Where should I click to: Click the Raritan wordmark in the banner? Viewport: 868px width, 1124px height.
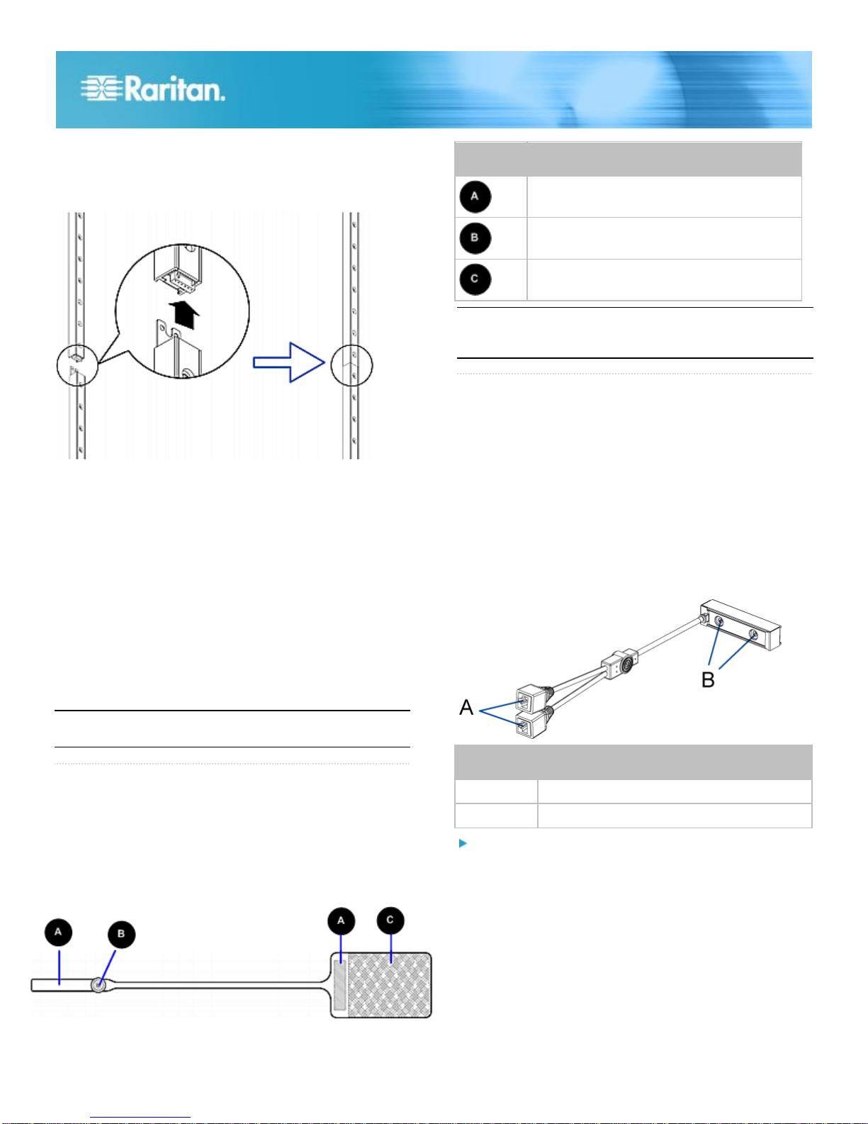[174, 89]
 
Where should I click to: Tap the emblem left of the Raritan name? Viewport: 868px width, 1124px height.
[101, 88]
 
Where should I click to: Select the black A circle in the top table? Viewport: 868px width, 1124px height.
[475, 196]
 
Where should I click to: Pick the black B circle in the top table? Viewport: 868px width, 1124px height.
[475, 238]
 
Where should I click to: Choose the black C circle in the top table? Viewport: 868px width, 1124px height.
[475, 279]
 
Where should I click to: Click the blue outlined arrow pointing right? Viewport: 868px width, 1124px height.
[289, 362]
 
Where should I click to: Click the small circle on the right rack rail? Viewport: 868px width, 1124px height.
[351, 365]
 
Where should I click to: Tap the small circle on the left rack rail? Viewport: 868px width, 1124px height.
[77, 365]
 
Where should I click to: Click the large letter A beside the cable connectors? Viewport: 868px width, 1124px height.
[466, 707]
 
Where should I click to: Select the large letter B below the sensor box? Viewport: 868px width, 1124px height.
[708, 679]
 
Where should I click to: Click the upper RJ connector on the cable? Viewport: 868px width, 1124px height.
[529, 699]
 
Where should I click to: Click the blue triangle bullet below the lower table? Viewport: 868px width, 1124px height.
[463, 843]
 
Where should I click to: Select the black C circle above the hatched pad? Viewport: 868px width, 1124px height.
[390, 920]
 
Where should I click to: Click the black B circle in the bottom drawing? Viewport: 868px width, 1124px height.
[121, 934]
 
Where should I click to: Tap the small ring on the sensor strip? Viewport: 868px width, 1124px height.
[98, 985]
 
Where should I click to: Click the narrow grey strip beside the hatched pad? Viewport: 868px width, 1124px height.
[340, 985]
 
